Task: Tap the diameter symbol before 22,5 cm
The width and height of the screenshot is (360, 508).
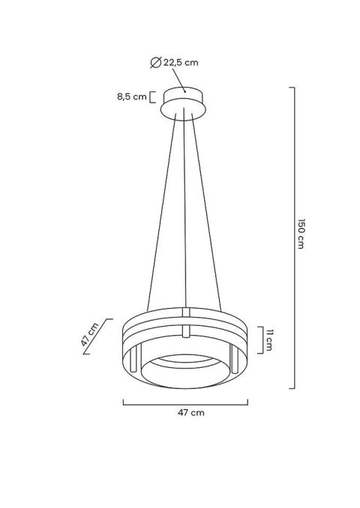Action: [154, 63]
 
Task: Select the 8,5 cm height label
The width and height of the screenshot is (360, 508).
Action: [133, 97]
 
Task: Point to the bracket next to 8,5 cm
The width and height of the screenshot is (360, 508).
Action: [153, 97]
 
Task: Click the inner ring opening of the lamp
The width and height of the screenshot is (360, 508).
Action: [184, 367]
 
